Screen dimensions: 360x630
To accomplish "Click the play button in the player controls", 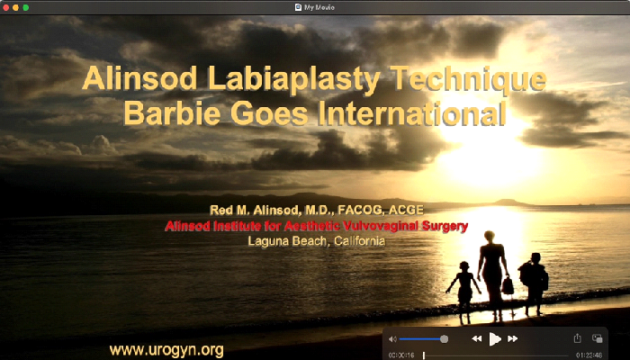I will (x=494, y=338).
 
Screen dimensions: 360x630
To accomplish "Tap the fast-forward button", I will (x=513, y=338).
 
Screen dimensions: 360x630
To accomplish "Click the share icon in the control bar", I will (x=577, y=338).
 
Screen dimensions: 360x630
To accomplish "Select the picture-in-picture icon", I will (x=597, y=338).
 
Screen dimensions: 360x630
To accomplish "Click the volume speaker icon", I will (x=392, y=339).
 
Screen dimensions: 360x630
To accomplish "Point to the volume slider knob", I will (x=444, y=339).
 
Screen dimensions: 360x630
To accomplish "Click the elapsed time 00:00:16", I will (x=400, y=355).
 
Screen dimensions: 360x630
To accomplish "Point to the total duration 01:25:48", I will (x=589, y=355).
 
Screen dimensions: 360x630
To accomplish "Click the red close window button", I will (x=5, y=6).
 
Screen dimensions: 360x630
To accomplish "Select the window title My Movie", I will (x=319, y=6).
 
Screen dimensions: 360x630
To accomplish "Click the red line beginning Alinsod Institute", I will (x=316, y=226).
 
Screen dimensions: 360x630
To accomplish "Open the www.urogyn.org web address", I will (x=166, y=349).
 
